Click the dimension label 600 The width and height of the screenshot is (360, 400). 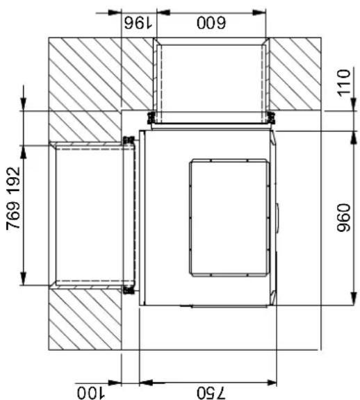pyautogui.click(x=211, y=23)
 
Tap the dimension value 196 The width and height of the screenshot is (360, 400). pyautogui.click(x=138, y=23)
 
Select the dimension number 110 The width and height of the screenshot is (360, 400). pyautogui.click(x=343, y=83)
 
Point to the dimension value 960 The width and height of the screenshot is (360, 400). pyautogui.click(x=343, y=217)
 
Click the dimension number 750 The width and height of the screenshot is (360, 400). pyautogui.click(x=211, y=393)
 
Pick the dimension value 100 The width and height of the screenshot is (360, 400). pyautogui.click(x=91, y=393)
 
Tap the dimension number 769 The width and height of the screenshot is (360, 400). pyautogui.click(x=13, y=216)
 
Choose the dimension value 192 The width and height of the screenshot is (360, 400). pyautogui.click(x=13, y=181)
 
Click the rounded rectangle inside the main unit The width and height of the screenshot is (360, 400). pyautogui.click(x=229, y=217)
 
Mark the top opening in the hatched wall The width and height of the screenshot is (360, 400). pyautogui.click(x=211, y=81)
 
